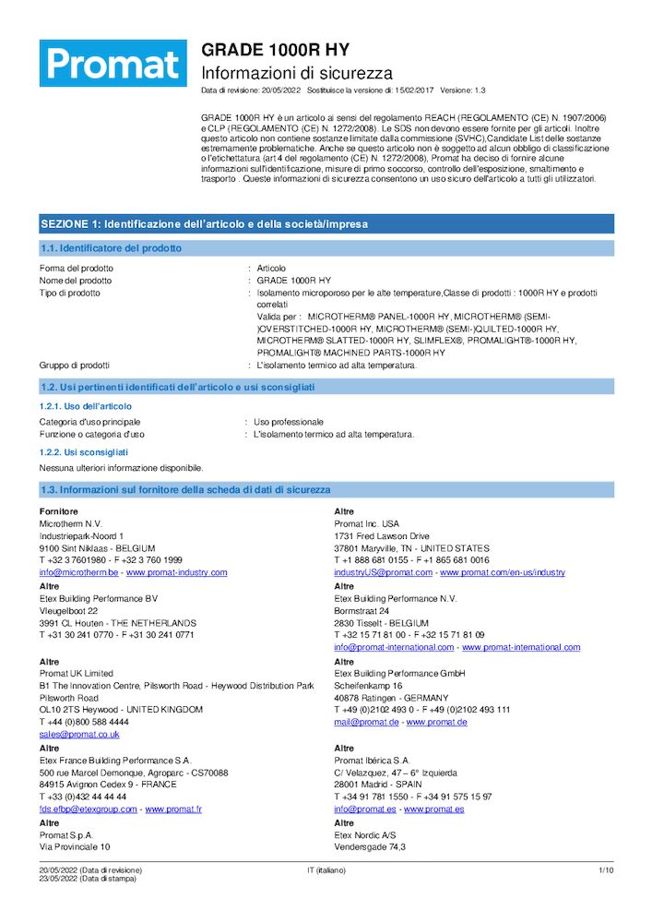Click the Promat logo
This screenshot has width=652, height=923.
113,64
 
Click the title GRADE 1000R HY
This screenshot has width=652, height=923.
276,50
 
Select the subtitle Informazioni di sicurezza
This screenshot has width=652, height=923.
297,73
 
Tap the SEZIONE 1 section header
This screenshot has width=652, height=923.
204,224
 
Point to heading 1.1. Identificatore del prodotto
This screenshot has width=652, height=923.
111,248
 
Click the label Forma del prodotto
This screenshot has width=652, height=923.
77,268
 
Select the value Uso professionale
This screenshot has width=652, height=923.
289,422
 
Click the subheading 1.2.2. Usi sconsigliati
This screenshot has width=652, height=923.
84,452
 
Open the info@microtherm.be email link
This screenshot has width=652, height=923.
77,572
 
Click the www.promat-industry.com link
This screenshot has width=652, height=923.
176,572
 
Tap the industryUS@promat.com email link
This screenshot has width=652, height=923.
383,572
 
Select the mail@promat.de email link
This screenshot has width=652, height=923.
366,722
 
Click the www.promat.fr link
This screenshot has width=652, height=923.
173,809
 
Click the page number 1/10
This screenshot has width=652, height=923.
606,870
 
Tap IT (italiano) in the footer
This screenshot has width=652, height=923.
326,870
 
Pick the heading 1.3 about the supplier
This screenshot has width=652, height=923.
184,490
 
